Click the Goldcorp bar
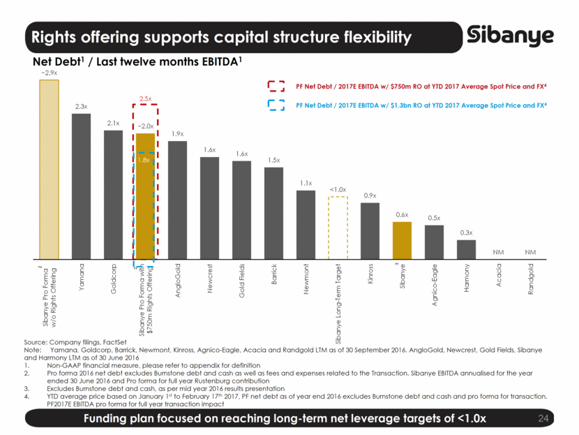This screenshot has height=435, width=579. pyautogui.click(x=113, y=193)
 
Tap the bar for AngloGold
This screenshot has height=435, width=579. pyautogui.click(x=177, y=198)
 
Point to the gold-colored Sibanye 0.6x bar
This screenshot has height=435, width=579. pyautogui.click(x=402, y=239)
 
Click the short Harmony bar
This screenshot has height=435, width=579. pyautogui.click(x=466, y=248)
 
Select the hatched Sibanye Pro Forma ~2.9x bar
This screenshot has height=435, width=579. pyautogui.click(x=49, y=168)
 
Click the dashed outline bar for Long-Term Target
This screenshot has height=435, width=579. pyautogui.click(x=338, y=226)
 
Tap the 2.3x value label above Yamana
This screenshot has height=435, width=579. pyautogui.click(x=81, y=107)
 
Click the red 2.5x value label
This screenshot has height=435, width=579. pyautogui.click(x=145, y=99)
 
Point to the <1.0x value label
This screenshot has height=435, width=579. pyautogui.click(x=338, y=190)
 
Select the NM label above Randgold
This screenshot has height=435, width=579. pyautogui.click(x=530, y=250)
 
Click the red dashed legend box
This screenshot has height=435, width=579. pyautogui.click(x=277, y=86)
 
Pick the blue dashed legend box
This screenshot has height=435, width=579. pyautogui.click(x=277, y=105)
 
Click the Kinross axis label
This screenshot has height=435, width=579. pyautogui.click(x=370, y=278)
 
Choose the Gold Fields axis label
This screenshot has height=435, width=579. pyautogui.click(x=242, y=281)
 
